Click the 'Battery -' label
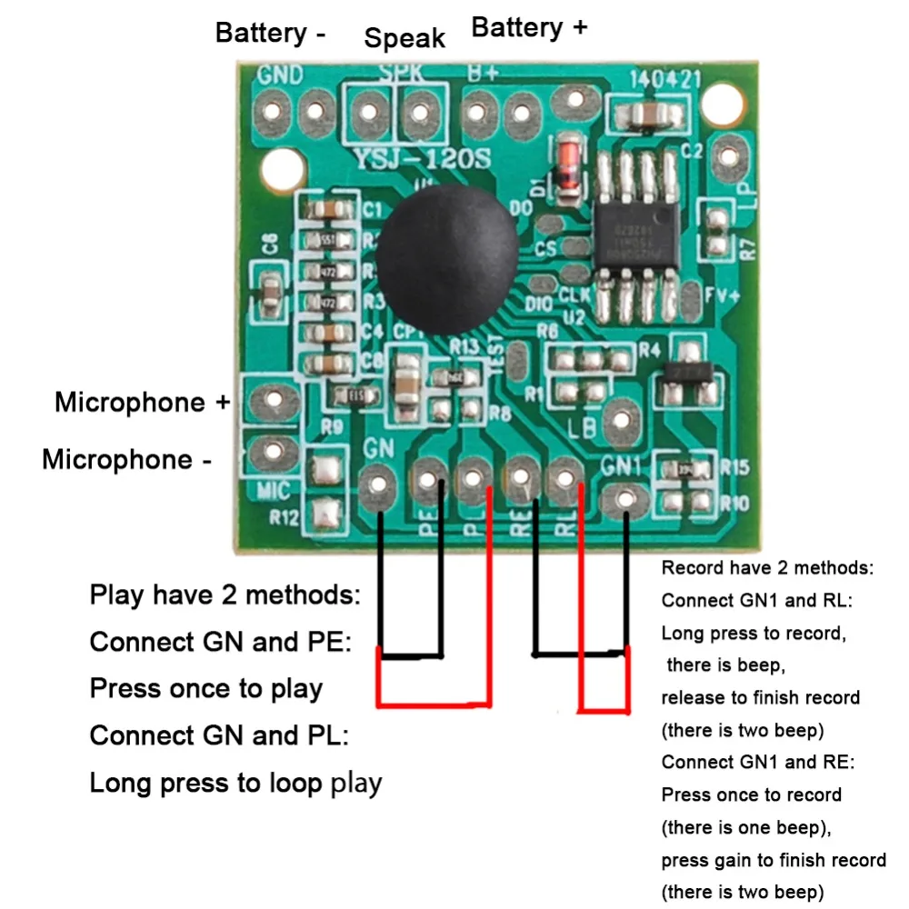270,34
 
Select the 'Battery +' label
529,27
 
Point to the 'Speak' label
405,38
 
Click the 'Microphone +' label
143,402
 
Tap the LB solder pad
622,417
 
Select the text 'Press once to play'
206,688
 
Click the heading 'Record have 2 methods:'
767,569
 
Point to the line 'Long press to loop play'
235,783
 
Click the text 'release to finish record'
760,698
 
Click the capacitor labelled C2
648,115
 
